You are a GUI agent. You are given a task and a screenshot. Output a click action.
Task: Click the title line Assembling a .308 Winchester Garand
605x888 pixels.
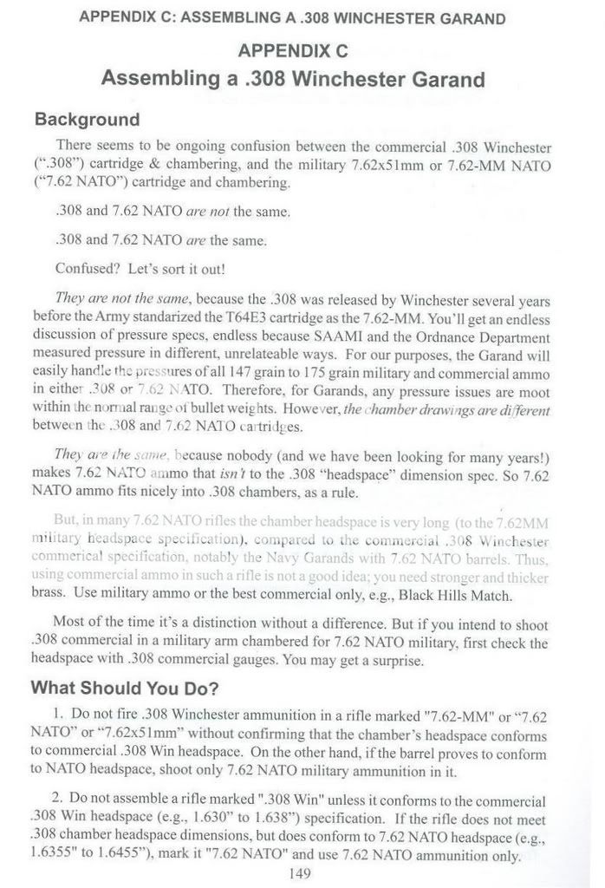(293, 80)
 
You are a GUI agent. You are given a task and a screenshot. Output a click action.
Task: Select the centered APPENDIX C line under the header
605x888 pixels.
(293, 50)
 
